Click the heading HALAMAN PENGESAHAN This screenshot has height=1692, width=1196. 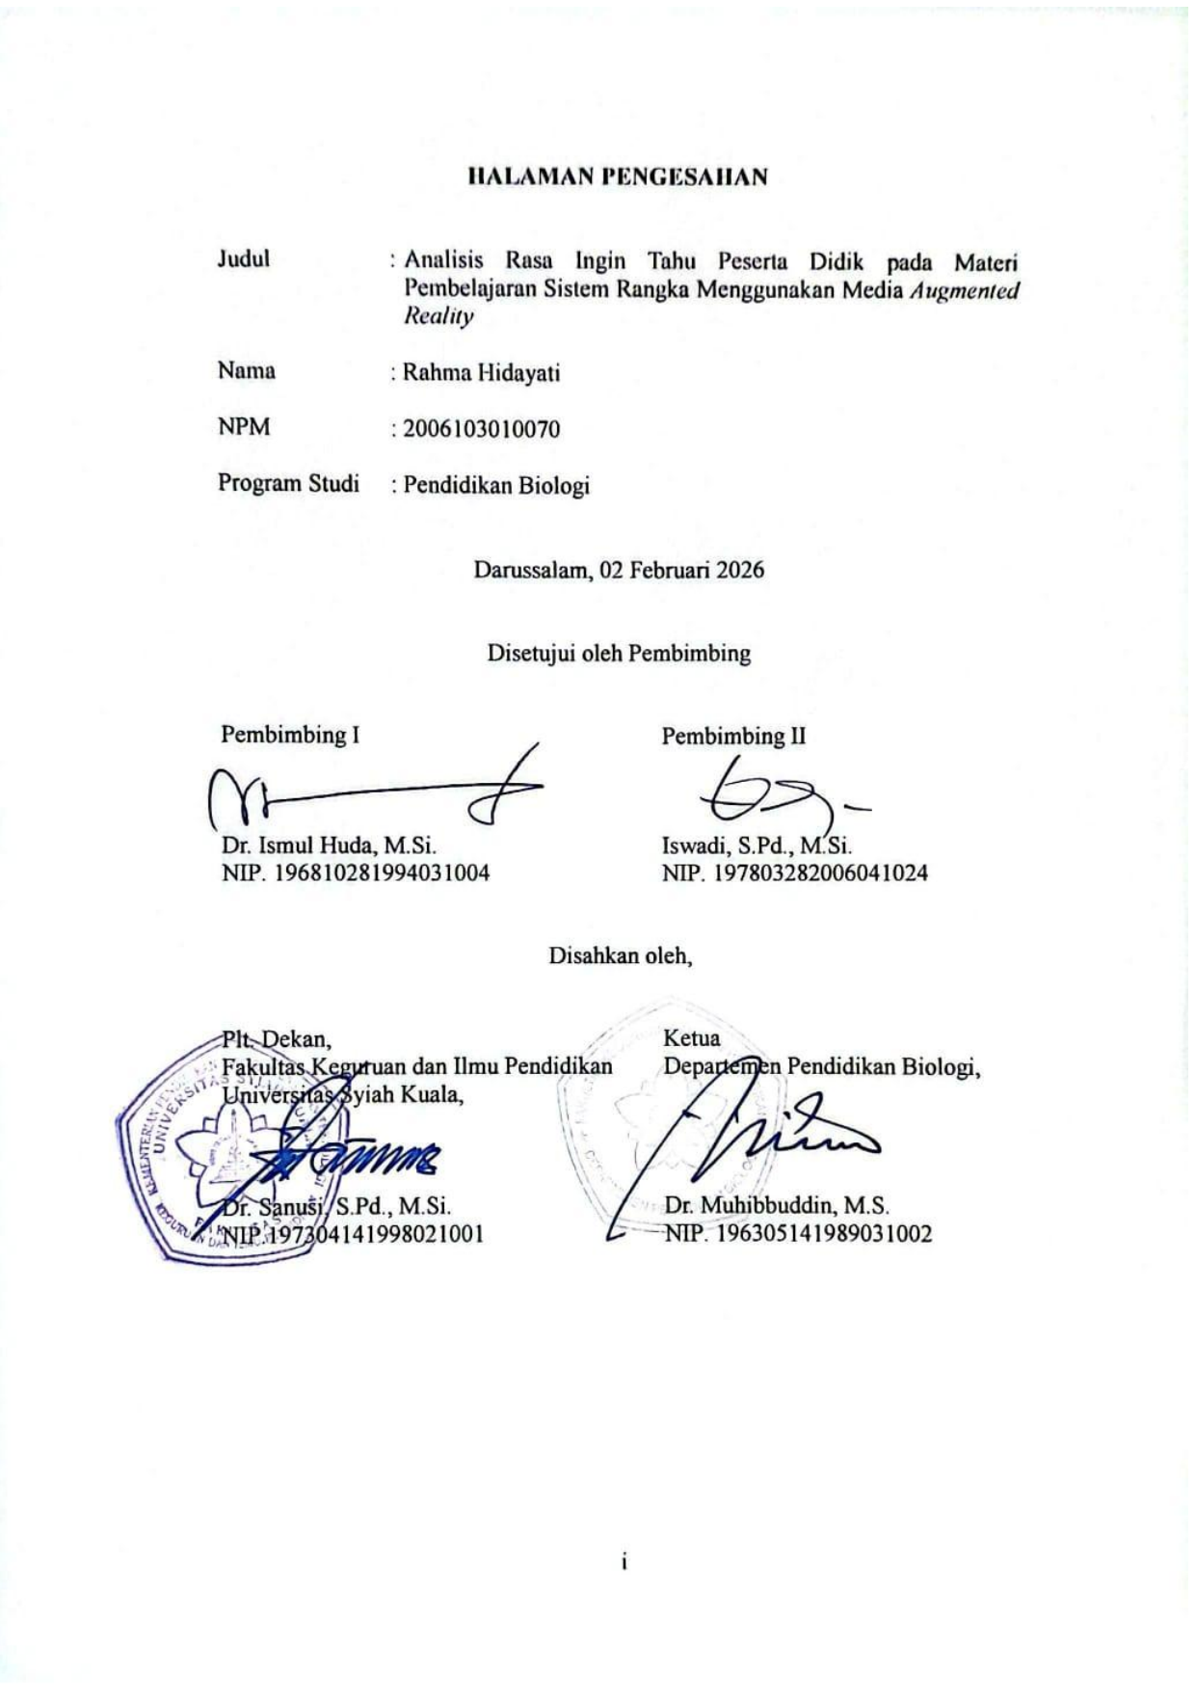(x=617, y=177)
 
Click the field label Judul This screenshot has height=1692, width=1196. (x=243, y=259)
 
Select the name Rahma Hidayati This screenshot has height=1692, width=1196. (x=481, y=373)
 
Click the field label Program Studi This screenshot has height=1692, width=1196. (x=288, y=483)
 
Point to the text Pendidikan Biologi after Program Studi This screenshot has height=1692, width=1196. (x=495, y=485)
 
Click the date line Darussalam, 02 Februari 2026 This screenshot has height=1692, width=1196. (x=618, y=570)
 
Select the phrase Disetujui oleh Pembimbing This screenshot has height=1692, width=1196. (x=618, y=654)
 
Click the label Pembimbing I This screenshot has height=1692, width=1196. (x=290, y=735)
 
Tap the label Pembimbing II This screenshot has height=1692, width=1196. (x=733, y=737)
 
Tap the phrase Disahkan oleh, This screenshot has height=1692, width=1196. (x=620, y=956)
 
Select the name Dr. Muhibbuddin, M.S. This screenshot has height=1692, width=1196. (x=777, y=1205)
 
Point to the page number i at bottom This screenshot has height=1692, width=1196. (x=625, y=1563)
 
